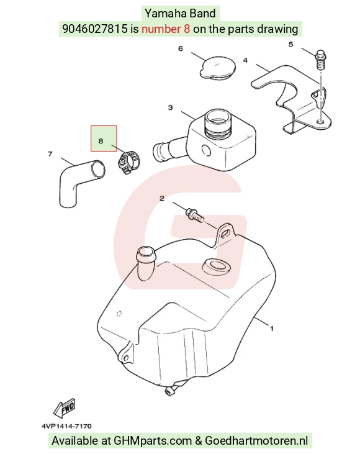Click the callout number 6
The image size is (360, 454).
(181, 48)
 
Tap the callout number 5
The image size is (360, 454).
(291, 44)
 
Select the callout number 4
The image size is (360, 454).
(245, 60)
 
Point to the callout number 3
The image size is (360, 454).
(171, 107)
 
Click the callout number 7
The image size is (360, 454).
(50, 154)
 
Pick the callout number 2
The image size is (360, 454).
(162, 198)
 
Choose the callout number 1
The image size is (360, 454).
(271, 329)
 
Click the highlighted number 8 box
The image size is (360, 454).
(104, 138)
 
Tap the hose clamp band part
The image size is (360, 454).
(128, 163)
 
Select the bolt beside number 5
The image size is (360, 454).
(320, 60)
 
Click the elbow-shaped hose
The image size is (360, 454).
(81, 183)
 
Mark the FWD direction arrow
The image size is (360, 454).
(65, 408)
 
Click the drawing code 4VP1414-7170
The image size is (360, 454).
(66, 426)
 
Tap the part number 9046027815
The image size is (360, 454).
(95, 29)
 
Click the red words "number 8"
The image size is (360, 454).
(166, 29)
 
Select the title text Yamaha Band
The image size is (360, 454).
(180, 14)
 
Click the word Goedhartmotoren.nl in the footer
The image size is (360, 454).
(256, 441)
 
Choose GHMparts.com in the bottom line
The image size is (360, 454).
(153, 441)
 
